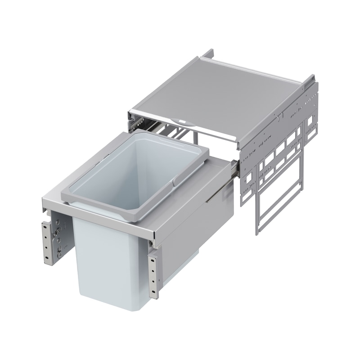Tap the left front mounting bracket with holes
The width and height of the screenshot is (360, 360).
(x=48, y=241)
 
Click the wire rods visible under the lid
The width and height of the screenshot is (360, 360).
(x=175, y=133)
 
